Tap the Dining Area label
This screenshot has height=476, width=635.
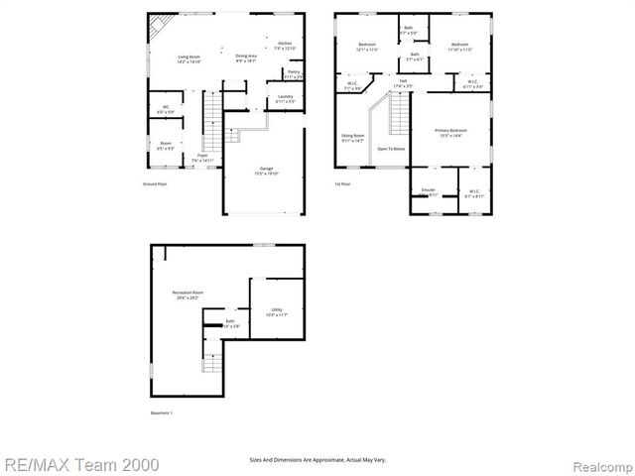(x=246, y=58)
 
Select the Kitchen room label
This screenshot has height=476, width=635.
(x=285, y=46)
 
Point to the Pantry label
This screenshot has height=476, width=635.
(x=293, y=73)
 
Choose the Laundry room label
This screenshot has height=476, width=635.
(x=285, y=98)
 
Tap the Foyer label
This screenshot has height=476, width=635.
(x=202, y=157)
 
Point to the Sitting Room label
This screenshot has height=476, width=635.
(x=353, y=136)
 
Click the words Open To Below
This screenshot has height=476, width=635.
(x=391, y=149)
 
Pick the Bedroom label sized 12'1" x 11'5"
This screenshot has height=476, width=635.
(x=367, y=47)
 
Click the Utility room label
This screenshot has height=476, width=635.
(x=277, y=311)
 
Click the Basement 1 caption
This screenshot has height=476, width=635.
(x=161, y=413)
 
